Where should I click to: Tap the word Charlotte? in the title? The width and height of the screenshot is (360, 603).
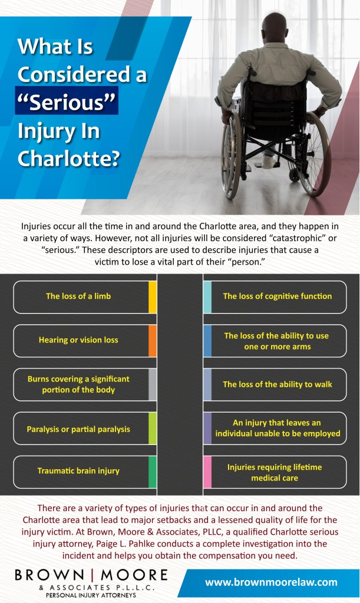pos(69,159)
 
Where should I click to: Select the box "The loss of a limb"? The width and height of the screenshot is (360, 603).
pos(78,296)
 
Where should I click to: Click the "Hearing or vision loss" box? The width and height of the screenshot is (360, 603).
pos(78,340)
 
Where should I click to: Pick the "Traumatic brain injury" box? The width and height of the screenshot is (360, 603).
pos(78,471)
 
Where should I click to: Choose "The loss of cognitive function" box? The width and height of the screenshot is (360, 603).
pos(277,296)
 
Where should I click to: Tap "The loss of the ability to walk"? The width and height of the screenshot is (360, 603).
pos(277,384)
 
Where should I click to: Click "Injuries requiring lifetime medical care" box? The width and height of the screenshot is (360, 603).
pos(275,472)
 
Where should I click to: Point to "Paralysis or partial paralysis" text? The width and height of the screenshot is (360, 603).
pos(78,429)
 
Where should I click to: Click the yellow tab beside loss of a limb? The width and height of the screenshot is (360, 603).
pos(153,296)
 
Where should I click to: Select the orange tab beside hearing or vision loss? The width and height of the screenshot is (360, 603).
pos(153,340)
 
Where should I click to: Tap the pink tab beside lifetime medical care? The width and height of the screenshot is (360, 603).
pos(207,472)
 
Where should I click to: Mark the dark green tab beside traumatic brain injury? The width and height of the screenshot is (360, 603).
pos(153,472)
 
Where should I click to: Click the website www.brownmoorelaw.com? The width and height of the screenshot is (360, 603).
pos(271,582)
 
